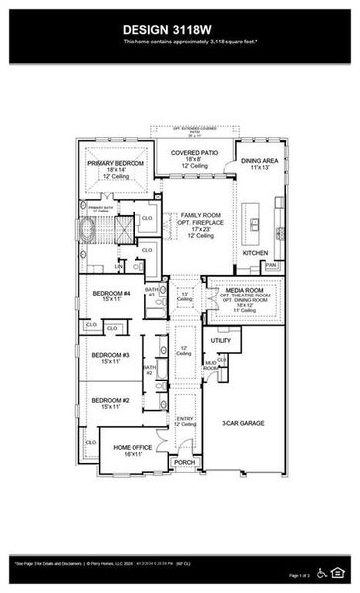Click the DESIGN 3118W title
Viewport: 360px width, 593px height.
(179, 30)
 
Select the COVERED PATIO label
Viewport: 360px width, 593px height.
(189, 153)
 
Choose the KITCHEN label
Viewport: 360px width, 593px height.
(256, 253)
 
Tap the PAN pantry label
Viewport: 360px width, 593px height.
(270, 265)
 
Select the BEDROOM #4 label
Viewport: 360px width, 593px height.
(111, 294)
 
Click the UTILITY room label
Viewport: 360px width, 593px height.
(220, 341)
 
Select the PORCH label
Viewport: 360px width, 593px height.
(184, 462)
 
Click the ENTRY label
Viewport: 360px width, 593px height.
(184, 419)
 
